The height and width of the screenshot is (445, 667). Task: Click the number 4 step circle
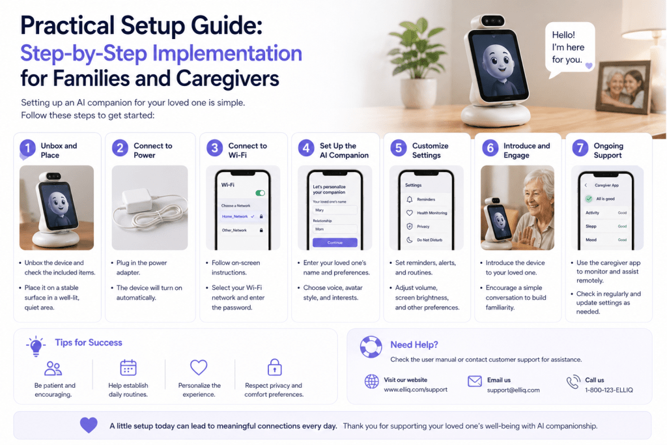tap(306, 148)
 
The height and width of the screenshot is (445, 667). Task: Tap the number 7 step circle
tap(580, 148)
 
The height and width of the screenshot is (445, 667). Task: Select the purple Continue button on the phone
tap(335, 242)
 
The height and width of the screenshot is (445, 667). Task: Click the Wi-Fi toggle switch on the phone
tap(260, 193)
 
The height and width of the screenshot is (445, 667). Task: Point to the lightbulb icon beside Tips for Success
tap(36, 345)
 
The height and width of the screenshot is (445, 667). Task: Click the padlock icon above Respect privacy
tap(274, 367)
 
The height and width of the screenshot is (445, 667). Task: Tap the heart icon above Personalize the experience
tap(199, 367)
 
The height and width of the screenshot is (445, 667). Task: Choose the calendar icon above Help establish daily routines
tap(128, 367)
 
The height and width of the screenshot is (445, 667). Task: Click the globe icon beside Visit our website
tap(371, 382)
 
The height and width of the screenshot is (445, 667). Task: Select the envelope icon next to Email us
tap(475, 380)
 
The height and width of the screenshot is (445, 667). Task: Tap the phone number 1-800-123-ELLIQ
tap(609, 390)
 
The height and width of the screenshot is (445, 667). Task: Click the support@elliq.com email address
tap(513, 390)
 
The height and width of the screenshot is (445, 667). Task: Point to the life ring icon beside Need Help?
tap(371, 347)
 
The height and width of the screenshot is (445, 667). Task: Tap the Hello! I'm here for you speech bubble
tap(570, 50)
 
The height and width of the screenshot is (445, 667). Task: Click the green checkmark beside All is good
tap(589, 199)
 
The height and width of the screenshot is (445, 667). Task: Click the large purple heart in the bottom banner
tap(89, 425)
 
